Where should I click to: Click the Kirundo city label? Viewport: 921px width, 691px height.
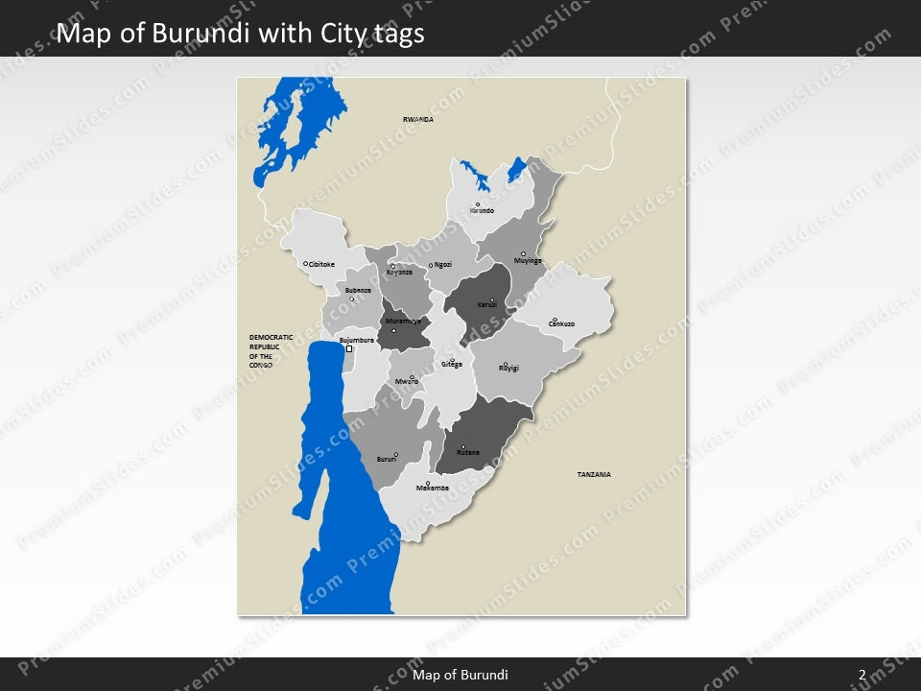pos(482,210)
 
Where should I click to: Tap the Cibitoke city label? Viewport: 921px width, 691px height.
pos(321,264)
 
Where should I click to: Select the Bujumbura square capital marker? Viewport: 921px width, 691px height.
pos(349,349)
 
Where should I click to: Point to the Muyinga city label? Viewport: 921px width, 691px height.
pos(528,261)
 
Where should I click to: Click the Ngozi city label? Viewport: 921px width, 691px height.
pos(442,264)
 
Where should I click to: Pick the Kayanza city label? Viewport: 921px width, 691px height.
pos(399,272)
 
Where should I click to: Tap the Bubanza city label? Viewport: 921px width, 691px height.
pos(358,290)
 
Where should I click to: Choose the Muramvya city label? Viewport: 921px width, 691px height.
pos(402,321)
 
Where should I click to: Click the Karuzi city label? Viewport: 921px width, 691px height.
pos(487,305)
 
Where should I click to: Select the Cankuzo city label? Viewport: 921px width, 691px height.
pos(561,324)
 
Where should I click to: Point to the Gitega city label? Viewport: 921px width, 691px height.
pos(452,365)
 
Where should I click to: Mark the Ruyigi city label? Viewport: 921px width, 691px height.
pos(508,368)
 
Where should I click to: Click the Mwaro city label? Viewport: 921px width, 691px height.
pos(407,382)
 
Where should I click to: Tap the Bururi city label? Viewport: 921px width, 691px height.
pos(387,460)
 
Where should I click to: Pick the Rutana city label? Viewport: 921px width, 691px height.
pos(468,452)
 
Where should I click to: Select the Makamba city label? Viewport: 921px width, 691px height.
pos(433,488)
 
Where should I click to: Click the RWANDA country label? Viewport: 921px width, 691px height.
pos(418,119)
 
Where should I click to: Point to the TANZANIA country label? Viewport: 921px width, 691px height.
pos(594,475)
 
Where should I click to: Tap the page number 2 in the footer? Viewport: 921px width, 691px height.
pos(862,675)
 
